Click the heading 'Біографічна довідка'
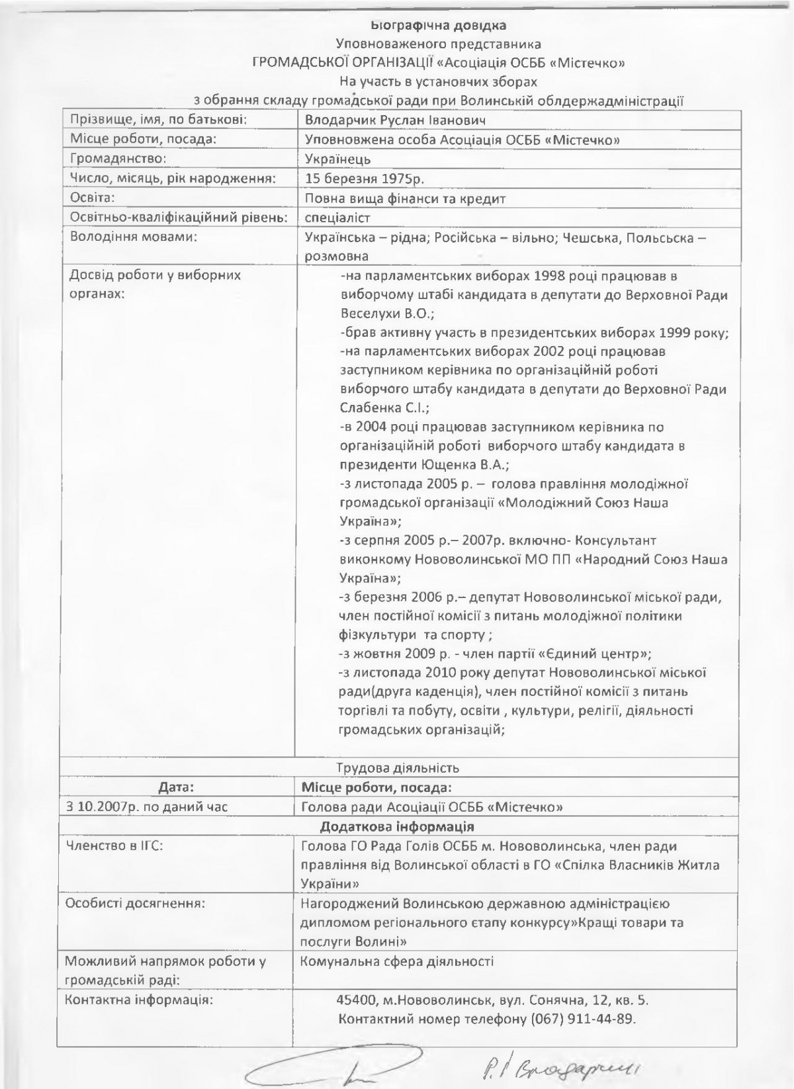(x=438, y=26)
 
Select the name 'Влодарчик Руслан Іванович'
(x=396, y=120)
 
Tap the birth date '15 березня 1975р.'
(x=365, y=179)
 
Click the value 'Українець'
(x=338, y=159)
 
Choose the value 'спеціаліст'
(x=338, y=217)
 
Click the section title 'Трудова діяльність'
(x=398, y=768)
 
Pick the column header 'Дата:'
(x=176, y=787)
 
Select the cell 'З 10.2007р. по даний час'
(x=137, y=807)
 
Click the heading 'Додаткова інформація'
(x=397, y=827)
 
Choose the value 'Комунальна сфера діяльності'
(x=397, y=962)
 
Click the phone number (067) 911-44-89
(x=583, y=1018)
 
